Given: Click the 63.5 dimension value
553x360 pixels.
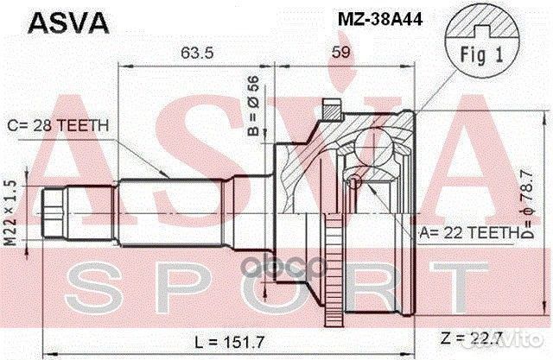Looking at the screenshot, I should pyautogui.click(x=197, y=53).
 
